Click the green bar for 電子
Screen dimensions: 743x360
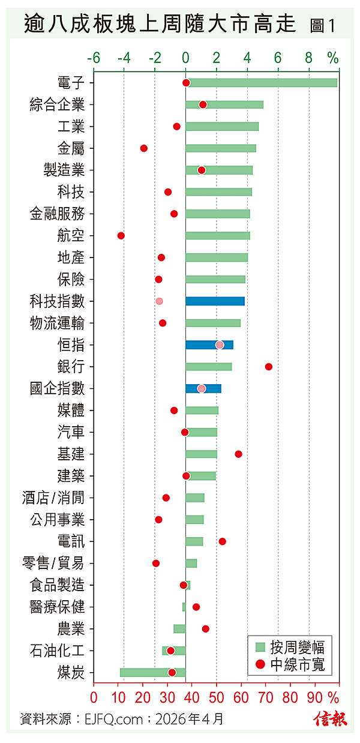262,83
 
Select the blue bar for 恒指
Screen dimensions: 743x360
209,344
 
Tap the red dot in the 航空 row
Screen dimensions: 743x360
121,235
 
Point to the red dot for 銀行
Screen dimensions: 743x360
268,367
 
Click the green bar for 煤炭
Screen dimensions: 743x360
152,672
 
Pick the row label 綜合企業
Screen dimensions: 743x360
57,105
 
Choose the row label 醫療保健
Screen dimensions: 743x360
57,607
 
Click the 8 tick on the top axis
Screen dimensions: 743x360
309,58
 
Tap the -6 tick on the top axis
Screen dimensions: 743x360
93,58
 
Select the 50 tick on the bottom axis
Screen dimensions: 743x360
217,698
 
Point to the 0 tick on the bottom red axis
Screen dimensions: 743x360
94,698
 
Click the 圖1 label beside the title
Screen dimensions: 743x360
323,25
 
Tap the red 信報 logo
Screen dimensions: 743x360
330,718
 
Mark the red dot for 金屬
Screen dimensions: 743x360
143,148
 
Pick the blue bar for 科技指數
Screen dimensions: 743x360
215,301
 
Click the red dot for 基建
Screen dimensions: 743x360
238,454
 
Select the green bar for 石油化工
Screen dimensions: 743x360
174,651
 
